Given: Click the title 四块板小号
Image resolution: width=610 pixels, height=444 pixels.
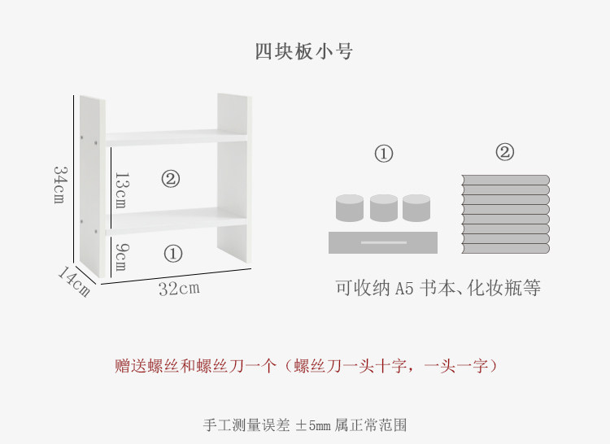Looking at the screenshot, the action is tap(304, 51).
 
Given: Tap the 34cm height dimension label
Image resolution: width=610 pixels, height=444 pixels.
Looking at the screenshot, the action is tap(59, 185).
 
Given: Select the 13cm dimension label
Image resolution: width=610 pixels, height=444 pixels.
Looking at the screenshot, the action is tap(120, 190).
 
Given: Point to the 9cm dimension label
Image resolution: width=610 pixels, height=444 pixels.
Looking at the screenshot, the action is tap(120, 256).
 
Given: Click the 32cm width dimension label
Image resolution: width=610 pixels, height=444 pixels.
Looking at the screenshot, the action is tap(178, 288).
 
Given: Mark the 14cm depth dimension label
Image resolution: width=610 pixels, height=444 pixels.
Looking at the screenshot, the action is tap(73, 281).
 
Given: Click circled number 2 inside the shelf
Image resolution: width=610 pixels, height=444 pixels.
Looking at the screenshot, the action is tap(170, 179).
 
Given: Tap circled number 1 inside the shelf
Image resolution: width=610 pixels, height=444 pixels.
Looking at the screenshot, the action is tap(172, 254).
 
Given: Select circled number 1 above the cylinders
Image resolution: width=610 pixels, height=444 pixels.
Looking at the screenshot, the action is tap(383, 153).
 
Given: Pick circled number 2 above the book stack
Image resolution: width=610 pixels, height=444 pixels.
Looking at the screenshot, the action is tap(505, 152).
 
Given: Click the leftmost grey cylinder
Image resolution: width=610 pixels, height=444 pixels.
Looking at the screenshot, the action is tap(350, 208).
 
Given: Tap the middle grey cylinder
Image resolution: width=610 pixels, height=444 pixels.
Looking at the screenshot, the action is tap(383, 208).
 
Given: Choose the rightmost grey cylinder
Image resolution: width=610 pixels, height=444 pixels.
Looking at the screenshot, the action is tap(416, 208).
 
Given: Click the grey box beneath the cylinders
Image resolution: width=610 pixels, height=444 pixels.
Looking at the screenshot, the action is tap(383, 242).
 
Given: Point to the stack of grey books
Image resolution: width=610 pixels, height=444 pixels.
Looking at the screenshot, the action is tap(505, 214).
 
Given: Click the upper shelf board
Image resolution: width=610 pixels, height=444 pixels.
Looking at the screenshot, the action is tap(175, 137).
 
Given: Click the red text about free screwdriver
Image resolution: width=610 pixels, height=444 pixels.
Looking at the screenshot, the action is tap(305, 366).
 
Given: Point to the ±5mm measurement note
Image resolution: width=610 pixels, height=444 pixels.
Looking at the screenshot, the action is tap(304, 424).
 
